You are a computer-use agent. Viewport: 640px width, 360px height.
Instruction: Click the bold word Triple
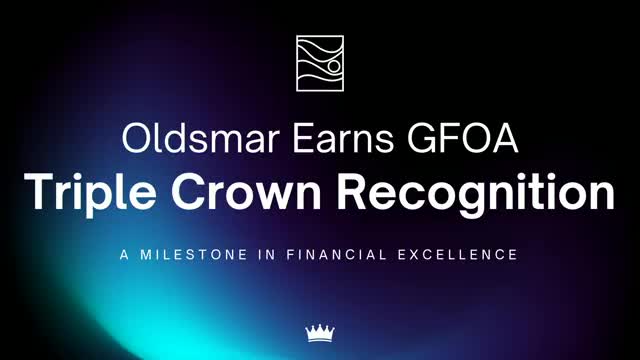(87, 192)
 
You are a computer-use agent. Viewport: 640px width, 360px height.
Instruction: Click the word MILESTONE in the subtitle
(200, 255)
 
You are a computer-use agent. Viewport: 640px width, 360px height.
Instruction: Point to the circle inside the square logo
(333, 66)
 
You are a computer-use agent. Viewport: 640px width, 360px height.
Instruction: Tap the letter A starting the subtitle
(125, 255)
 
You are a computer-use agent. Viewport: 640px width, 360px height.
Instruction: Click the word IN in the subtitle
(274, 255)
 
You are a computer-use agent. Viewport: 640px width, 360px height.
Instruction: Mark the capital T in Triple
(39, 190)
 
